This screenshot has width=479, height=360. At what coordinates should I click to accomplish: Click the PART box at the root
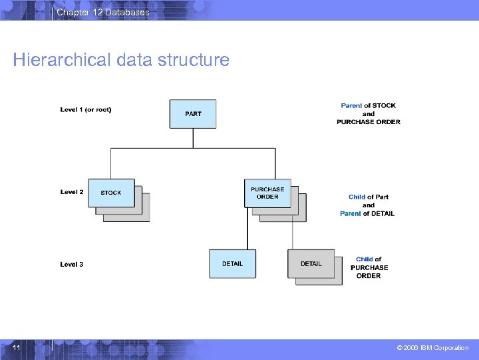click(x=193, y=114)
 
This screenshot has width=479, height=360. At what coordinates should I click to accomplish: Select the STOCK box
click(x=111, y=193)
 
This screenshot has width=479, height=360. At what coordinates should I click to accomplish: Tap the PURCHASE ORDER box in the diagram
click(x=267, y=193)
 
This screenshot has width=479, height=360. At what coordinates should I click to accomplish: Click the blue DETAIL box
click(x=232, y=263)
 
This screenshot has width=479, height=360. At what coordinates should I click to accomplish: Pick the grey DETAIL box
click(x=311, y=263)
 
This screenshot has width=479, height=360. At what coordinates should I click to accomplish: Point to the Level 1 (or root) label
click(x=86, y=109)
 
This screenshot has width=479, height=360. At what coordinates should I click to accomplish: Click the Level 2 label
click(x=72, y=192)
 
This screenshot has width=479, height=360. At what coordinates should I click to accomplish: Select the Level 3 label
click(x=72, y=264)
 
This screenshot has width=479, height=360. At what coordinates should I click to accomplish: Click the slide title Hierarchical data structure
click(x=121, y=60)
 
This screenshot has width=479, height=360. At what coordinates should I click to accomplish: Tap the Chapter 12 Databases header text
click(x=103, y=13)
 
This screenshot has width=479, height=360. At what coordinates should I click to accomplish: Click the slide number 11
click(x=17, y=348)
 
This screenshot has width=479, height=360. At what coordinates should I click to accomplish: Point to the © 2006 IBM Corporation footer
click(x=432, y=348)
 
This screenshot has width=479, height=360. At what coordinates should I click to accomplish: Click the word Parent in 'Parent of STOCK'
click(x=351, y=105)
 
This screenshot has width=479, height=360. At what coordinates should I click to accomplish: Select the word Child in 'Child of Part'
click(x=357, y=197)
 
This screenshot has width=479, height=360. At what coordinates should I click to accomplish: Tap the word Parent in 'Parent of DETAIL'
click(x=351, y=213)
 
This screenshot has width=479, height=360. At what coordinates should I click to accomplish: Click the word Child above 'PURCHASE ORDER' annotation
click(x=364, y=259)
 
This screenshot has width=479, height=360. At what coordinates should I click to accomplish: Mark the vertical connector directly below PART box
click(x=193, y=138)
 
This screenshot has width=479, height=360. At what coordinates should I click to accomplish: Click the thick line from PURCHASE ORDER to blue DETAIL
click(x=247, y=228)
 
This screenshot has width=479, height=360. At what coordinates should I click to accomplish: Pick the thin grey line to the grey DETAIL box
click(x=293, y=228)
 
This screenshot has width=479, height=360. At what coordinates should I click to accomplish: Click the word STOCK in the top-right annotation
click(x=384, y=105)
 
